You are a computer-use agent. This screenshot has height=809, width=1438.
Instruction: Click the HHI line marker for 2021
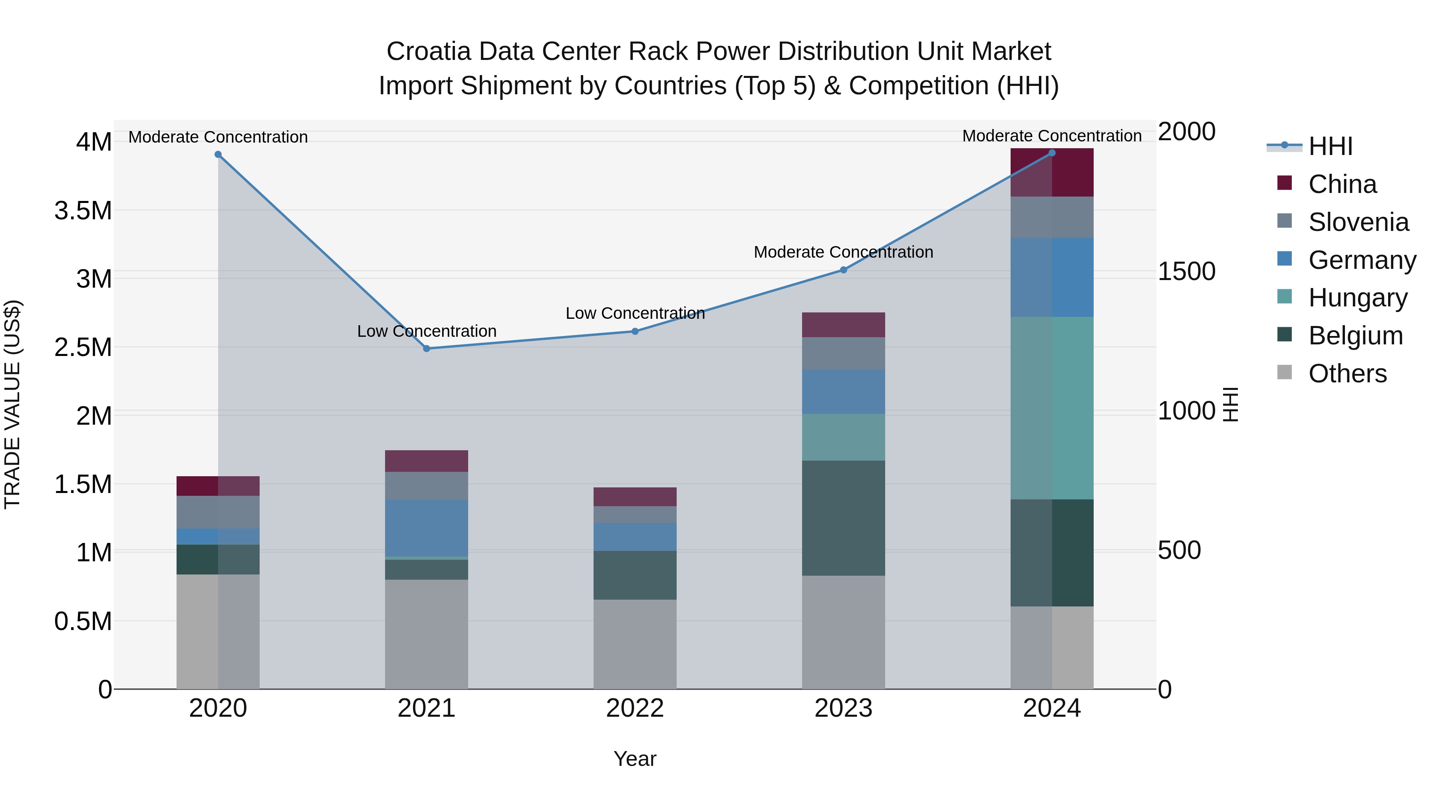427,348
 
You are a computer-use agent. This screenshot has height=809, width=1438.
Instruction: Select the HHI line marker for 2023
844,270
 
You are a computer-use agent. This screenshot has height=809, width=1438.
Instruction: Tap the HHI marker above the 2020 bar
218,155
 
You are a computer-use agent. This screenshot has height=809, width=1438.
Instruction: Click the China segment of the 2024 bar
1052,173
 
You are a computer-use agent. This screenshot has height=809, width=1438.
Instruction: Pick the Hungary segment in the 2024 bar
1052,407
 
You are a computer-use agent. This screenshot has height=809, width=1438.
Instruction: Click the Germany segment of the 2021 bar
427,528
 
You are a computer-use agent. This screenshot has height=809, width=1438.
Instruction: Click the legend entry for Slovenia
1358,222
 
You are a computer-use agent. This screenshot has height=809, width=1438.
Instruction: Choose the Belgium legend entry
1355,336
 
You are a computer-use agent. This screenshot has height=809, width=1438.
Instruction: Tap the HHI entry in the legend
1330,146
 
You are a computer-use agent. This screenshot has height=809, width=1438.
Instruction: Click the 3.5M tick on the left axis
83,211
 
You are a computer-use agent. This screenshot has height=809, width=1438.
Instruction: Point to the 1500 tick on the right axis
1186,271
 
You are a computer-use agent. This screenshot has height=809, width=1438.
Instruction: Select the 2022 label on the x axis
635,708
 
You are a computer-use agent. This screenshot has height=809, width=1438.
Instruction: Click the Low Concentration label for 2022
635,313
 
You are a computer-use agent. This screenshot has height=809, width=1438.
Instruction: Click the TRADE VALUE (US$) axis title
12,404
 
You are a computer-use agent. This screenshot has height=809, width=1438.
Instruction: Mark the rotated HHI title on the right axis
1230,404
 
